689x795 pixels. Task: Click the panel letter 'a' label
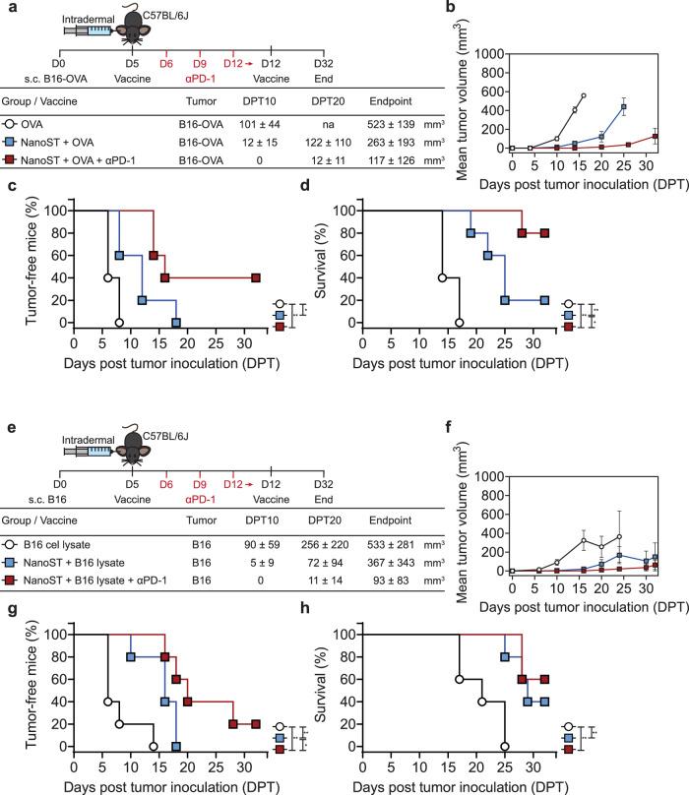tap(7, 8)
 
